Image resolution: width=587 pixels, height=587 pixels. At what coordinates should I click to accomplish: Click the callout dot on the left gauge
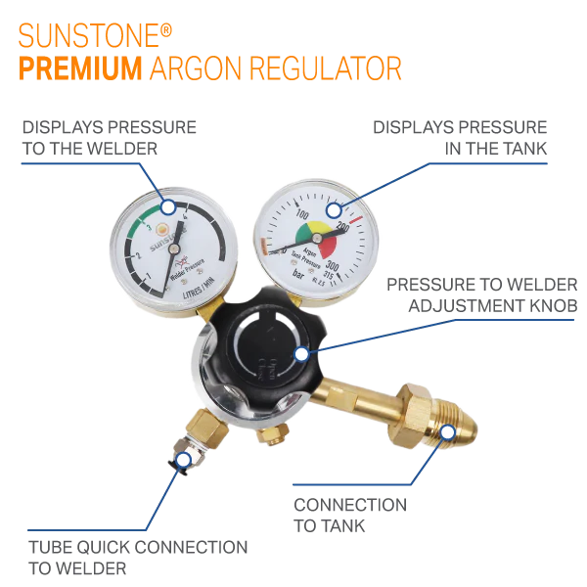(x=168, y=207)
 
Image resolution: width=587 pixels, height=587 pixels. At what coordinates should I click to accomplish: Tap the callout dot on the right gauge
(x=334, y=209)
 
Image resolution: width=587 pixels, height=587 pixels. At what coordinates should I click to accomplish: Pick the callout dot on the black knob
(x=301, y=353)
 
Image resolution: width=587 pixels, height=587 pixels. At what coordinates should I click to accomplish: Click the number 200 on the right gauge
(x=342, y=228)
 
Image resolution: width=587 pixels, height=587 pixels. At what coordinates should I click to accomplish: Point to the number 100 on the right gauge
(x=301, y=214)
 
